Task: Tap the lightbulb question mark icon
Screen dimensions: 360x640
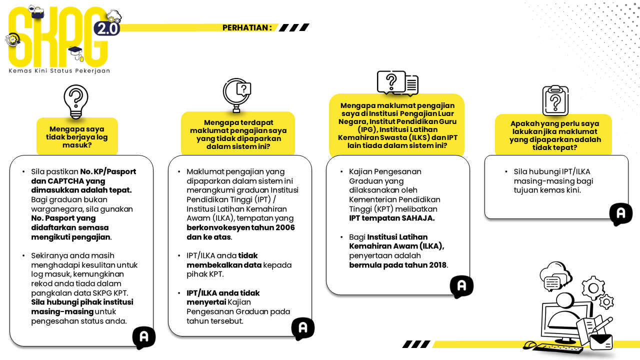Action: (76, 101)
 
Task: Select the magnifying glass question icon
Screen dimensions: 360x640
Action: (236, 95)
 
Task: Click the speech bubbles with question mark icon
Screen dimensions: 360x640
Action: (397, 83)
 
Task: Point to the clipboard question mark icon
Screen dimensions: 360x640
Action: (555, 100)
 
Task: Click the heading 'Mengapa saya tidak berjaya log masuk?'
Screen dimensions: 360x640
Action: (77, 137)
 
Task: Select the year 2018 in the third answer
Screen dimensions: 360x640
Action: (437, 265)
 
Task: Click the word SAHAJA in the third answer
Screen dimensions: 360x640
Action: (418, 218)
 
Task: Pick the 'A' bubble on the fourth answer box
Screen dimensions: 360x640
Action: (620, 213)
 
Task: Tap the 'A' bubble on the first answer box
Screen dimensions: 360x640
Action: (144, 337)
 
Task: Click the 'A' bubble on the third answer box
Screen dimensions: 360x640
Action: (461, 286)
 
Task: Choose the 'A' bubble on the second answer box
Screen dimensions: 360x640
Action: (302, 328)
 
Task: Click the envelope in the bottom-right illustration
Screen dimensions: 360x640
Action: (600, 342)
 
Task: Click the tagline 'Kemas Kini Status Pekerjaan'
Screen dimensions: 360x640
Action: (59, 71)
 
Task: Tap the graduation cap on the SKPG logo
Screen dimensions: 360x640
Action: (75, 51)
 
